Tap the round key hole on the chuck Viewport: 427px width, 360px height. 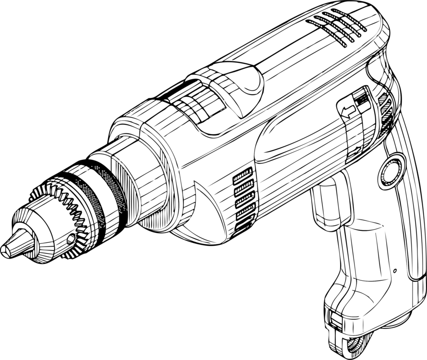(71, 238)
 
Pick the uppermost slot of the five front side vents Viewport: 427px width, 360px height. (243, 175)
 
